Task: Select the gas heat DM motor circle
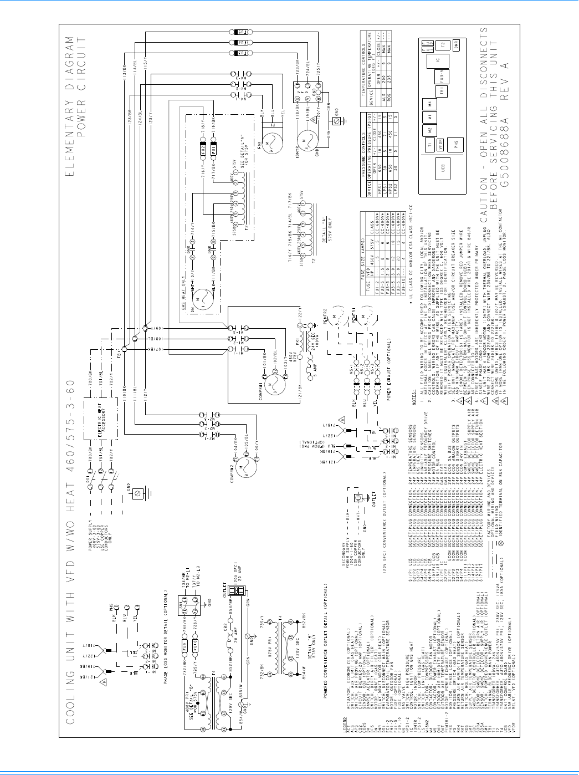(x=198, y=302)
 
